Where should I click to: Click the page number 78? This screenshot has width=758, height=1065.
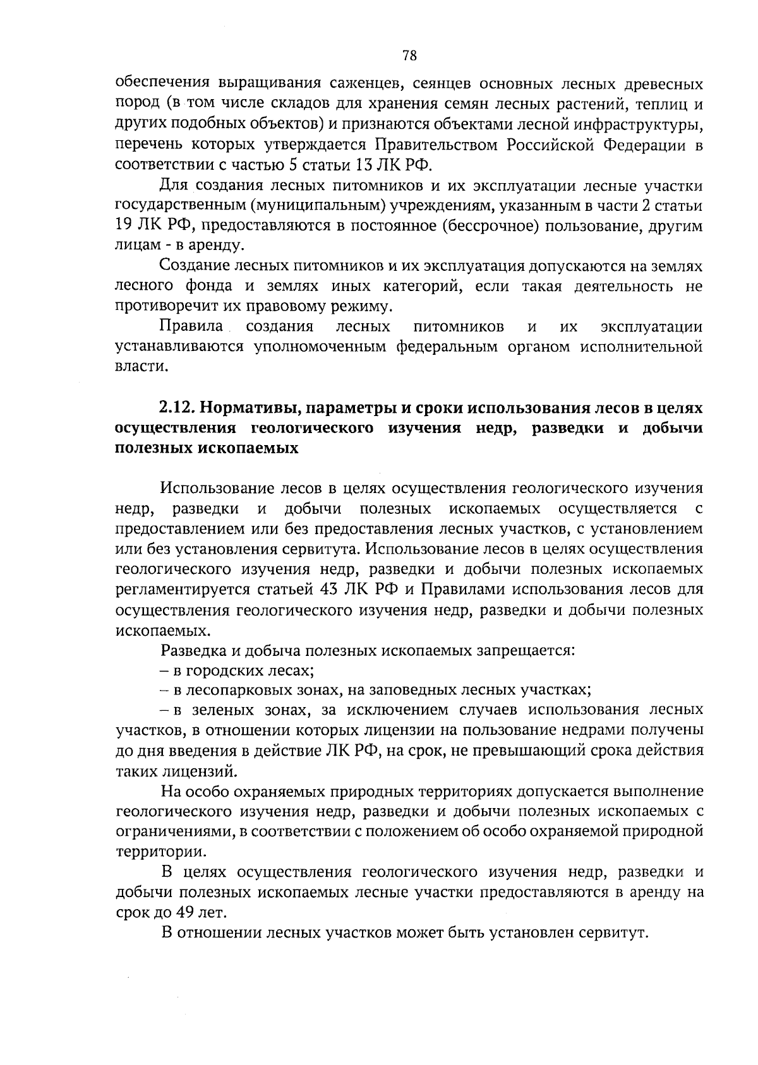(x=409, y=56)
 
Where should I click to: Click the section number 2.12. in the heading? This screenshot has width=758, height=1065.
(x=179, y=408)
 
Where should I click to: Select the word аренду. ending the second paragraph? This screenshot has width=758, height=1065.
(x=212, y=246)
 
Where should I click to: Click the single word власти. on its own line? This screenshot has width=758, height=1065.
(x=135, y=367)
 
